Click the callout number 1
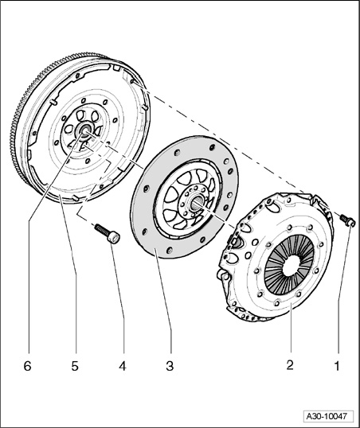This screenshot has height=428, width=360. click(x=338, y=366)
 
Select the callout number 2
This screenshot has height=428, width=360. click(x=290, y=365)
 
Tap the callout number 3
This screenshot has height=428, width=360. click(x=170, y=366)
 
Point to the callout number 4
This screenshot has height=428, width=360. click(x=123, y=366)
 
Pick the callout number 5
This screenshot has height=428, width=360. click(x=75, y=366)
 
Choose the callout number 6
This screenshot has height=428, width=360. click(x=27, y=366)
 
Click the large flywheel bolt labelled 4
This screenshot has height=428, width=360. click(x=108, y=234)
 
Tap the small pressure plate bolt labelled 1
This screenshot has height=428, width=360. click(x=347, y=220)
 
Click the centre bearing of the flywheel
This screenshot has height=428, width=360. click(x=85, y=130)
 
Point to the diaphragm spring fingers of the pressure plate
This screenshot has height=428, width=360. click(x=289, y=264)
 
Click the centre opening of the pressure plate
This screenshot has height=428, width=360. click(x=291, y=266)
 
